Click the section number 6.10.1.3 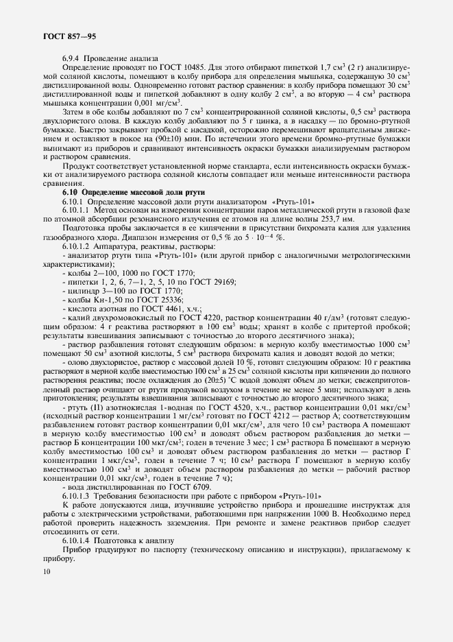coord(78,495)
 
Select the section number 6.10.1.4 coord(78,540)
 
